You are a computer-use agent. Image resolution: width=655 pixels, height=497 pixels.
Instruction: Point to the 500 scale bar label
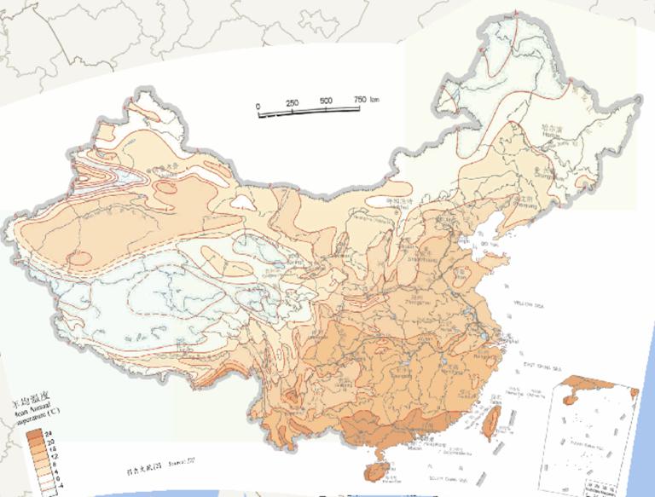tap(326, 101)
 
